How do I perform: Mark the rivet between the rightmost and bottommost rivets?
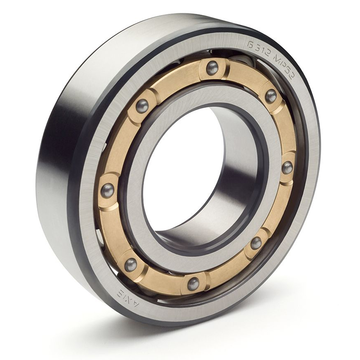(x=256, y=242)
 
